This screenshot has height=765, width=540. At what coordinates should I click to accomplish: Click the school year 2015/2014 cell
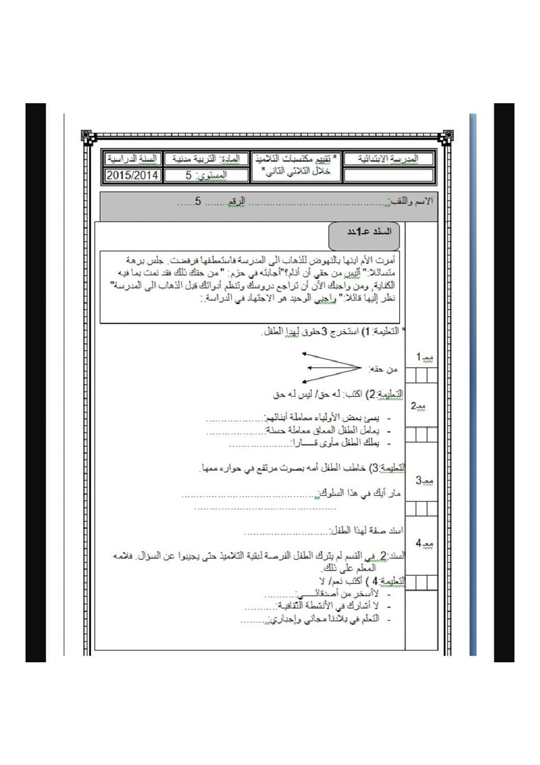pyautogui.click(x=133, y=175)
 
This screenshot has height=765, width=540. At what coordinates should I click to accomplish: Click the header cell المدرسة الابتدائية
pyautogui.click(x=389, y=159)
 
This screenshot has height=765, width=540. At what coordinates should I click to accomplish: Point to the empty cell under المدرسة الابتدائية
pyautogui.click(x=389, y=176)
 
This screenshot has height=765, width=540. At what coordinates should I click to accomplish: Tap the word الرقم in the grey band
pyautogui.click(x=236, y=201)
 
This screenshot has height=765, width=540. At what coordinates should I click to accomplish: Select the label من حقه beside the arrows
pyautogui.click(x=385, y=369)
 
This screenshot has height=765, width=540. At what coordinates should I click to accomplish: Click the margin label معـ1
pyautogui.click(x=423, y=357)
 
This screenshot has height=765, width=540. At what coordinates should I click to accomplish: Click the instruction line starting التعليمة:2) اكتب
pyautogui.click(x=338, y=395)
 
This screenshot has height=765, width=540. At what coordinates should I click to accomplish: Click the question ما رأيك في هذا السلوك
pyautogui.click(x=360, y=494)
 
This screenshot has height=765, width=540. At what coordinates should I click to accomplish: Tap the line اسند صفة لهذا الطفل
pyautogui.click(x=366, y=531)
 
